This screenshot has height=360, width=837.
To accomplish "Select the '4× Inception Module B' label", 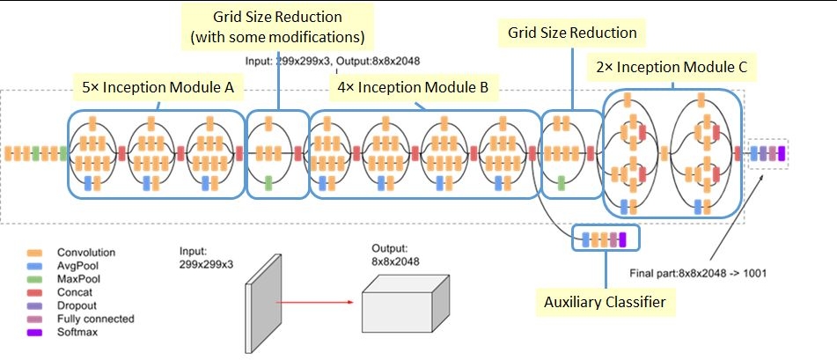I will [415, 88].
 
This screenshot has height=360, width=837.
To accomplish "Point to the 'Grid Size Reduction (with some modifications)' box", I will [278, 27].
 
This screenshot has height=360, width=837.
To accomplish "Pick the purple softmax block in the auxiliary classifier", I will [622, 238].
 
